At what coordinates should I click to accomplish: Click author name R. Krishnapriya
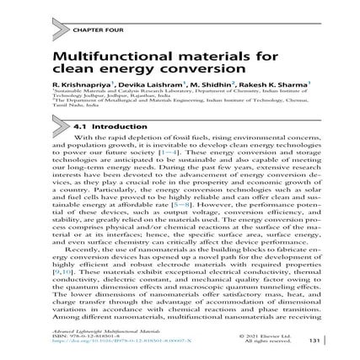[x=79, y=86]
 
